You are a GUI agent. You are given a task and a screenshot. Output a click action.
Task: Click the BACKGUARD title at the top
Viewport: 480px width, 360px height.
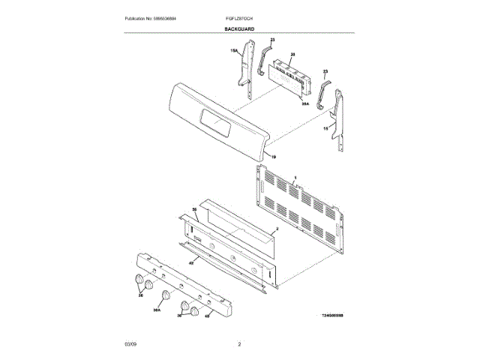tap(239, 28)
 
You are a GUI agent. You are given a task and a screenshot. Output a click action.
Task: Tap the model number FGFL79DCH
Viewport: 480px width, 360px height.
tap(238, 17)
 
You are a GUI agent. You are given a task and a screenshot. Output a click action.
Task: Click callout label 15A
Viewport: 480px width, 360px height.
tap(234, 51)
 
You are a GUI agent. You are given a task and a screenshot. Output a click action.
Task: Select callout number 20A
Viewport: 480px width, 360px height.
tap(305, 105)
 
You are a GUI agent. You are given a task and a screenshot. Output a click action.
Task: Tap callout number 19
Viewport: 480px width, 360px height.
tap(273, 157)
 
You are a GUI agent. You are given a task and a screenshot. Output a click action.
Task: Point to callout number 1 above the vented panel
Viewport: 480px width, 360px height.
tap(295, 177)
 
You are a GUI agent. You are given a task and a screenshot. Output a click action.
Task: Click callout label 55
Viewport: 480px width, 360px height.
tap(193, 210)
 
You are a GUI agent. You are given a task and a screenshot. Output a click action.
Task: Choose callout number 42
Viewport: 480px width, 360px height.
tap(191, 263)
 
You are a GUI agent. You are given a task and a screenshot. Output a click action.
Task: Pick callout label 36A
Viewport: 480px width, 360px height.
tap(157, 308)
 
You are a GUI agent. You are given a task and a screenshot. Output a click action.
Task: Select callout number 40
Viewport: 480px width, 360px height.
tap(206, 316)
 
